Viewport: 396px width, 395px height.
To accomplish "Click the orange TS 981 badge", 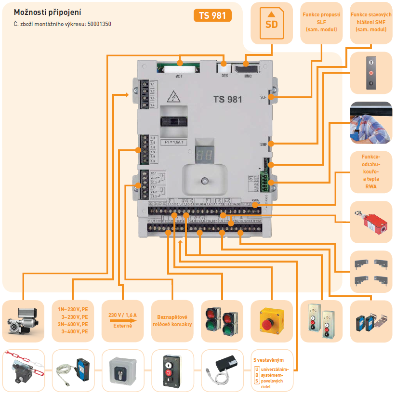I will [212, 16].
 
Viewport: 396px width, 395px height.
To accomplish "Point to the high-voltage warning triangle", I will [172, 96].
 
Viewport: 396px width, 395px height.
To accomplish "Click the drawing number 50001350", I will [99, 24].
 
